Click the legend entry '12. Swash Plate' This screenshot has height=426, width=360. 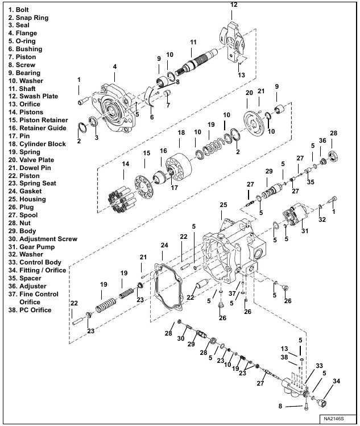33,96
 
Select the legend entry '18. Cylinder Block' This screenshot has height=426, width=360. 38,144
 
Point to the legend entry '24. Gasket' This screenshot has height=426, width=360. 26,192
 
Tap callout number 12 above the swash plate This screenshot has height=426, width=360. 234,5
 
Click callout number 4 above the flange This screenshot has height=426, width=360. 115,67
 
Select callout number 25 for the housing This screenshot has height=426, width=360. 224,204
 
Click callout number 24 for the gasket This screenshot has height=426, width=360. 164,245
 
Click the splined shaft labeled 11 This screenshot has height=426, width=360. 197,63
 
